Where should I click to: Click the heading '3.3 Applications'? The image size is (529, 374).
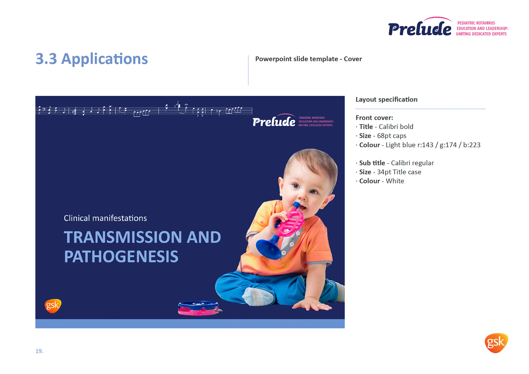pos(92,59)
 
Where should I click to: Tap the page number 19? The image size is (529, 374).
pos(39,351)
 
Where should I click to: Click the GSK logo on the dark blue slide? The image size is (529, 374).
pos(53,306)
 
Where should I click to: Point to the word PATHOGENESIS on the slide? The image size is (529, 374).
pos(121,257)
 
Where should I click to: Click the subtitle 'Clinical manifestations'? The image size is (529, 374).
pos(105,218)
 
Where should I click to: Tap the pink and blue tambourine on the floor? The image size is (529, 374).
pos(200,308)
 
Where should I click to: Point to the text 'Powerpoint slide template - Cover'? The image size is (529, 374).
pos(309,59)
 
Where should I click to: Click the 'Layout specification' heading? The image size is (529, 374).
pos(387,99)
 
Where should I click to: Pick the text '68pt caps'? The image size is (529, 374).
pos(392,136)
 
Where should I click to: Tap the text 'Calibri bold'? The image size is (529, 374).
pos(396,127)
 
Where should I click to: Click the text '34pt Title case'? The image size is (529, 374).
pos(399,172)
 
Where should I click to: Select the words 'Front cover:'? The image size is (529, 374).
pos(374,118)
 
